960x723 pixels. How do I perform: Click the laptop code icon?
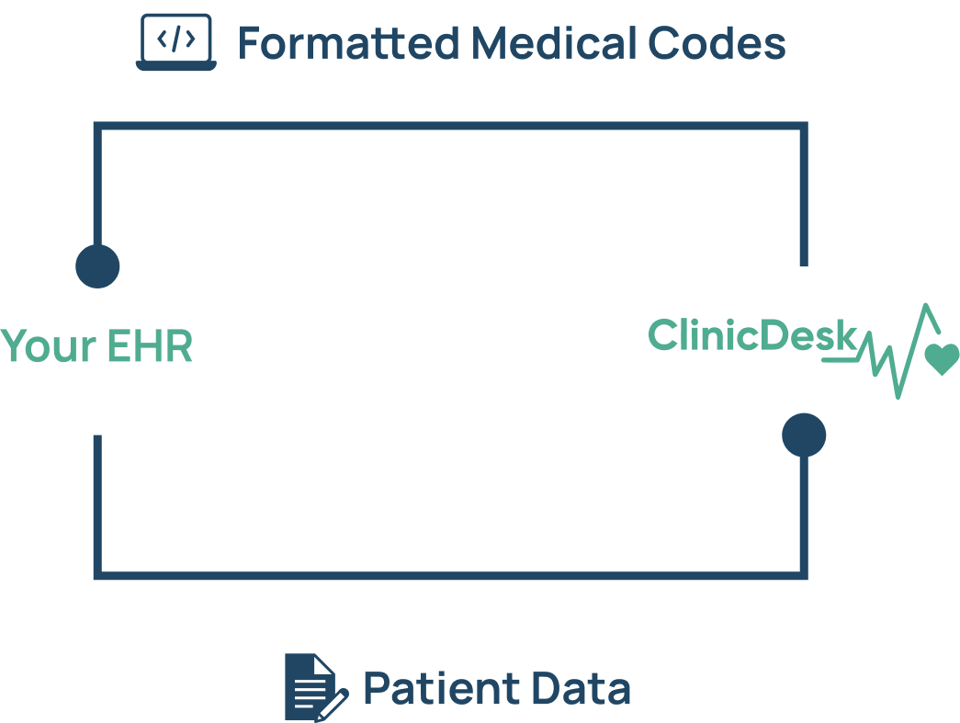click(176, 42)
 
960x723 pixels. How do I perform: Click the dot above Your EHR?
click(97, 266)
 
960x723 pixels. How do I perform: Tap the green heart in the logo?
click(941, 358)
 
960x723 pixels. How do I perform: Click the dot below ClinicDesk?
click(804, 435)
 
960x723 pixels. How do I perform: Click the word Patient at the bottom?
click(435, 689)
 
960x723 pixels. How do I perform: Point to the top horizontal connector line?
click(450, 125)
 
